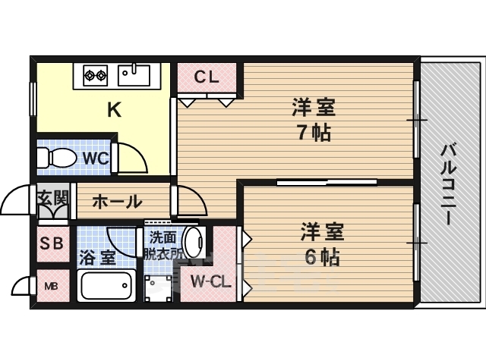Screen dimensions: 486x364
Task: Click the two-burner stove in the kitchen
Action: [95, 75]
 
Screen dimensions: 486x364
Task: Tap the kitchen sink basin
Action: [134, 75]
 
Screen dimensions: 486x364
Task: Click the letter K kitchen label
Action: [114, 110]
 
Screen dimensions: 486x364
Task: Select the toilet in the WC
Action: [56, 158]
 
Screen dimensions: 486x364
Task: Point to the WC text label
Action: [96, 158]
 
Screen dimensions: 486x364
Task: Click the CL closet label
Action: [207, 77]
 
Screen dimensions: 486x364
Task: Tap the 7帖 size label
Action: [314, 133]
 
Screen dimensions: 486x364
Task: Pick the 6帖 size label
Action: [322, 257]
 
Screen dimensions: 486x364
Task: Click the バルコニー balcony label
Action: [449, 184]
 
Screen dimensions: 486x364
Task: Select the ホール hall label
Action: [117, 202]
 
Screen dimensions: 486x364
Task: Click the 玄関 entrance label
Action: [52, 197]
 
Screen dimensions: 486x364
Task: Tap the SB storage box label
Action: [52, 243]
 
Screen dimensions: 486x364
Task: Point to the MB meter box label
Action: [51, 287]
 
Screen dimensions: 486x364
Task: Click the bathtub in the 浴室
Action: [106, 285]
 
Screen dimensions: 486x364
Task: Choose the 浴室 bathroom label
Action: [98, 258]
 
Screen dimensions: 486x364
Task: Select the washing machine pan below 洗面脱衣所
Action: [158, 288]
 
